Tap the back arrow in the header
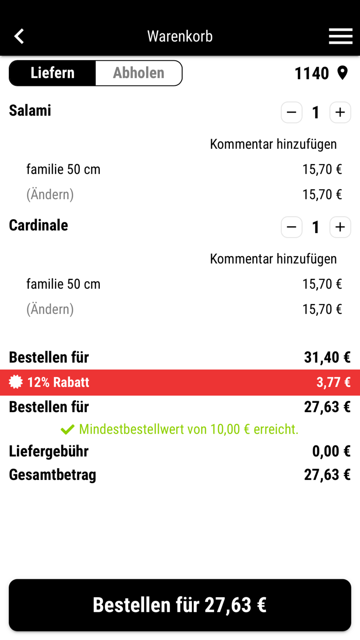point(20,36)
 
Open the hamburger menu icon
point(340,36)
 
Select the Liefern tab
point(52,73)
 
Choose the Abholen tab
point(138,73)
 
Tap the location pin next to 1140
point(343,73)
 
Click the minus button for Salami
point(292,112)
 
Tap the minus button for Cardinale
point(292,227)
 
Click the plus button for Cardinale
point(340,227)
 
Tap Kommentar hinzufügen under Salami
point(273,144)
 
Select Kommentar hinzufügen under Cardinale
point(273,259)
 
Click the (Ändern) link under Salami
point(50,194)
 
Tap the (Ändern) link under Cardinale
point(50,309)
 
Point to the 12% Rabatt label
point(58,382)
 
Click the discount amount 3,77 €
point(333,382)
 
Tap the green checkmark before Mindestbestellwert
point(67,429)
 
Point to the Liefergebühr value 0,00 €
point(331,451)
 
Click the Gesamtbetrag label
point(52,474)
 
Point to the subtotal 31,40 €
point(327,357)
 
